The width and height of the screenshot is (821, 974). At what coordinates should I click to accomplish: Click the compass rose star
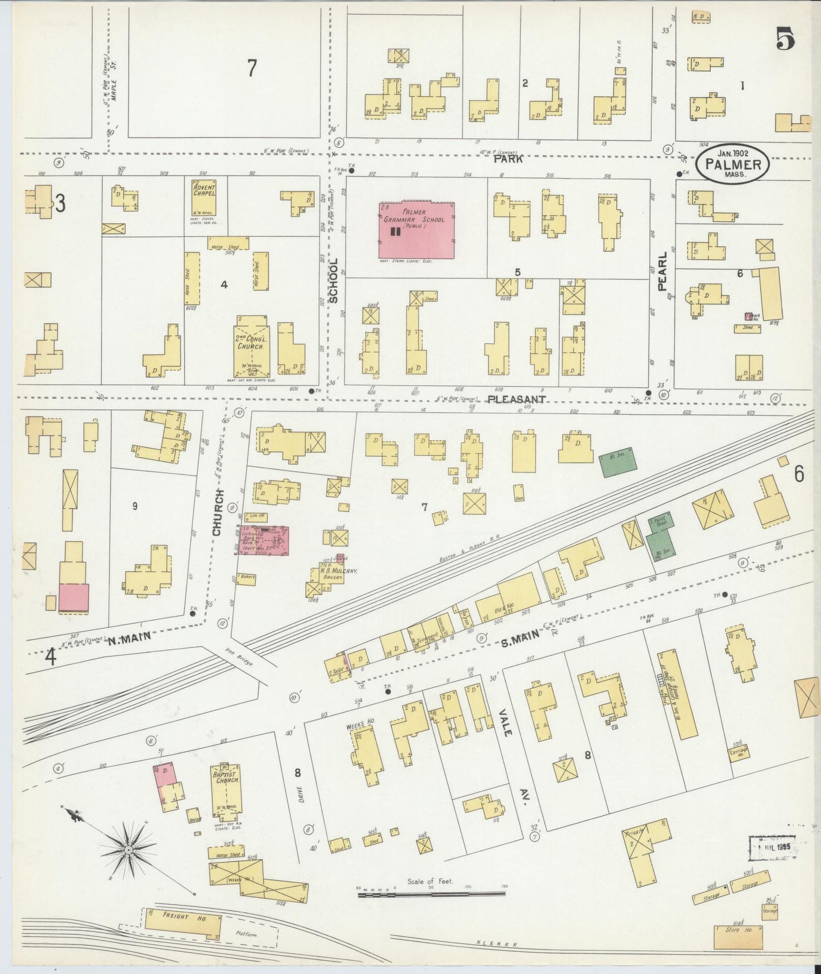click(128, 850)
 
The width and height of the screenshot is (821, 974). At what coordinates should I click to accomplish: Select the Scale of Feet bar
click(431, 893)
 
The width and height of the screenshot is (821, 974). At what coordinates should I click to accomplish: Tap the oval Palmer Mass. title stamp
click(733, 164)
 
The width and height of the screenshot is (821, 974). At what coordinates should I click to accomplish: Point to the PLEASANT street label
click(516, 399)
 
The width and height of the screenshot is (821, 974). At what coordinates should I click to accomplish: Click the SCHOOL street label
click(334, 280)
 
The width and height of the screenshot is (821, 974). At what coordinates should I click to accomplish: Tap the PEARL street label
click(662, 271)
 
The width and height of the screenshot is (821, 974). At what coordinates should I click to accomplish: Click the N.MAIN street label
click(130, 638)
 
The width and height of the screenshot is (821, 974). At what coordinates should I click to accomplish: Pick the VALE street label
click(505, 723)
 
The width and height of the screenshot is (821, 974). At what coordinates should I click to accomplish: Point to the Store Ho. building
click(738, 936)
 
